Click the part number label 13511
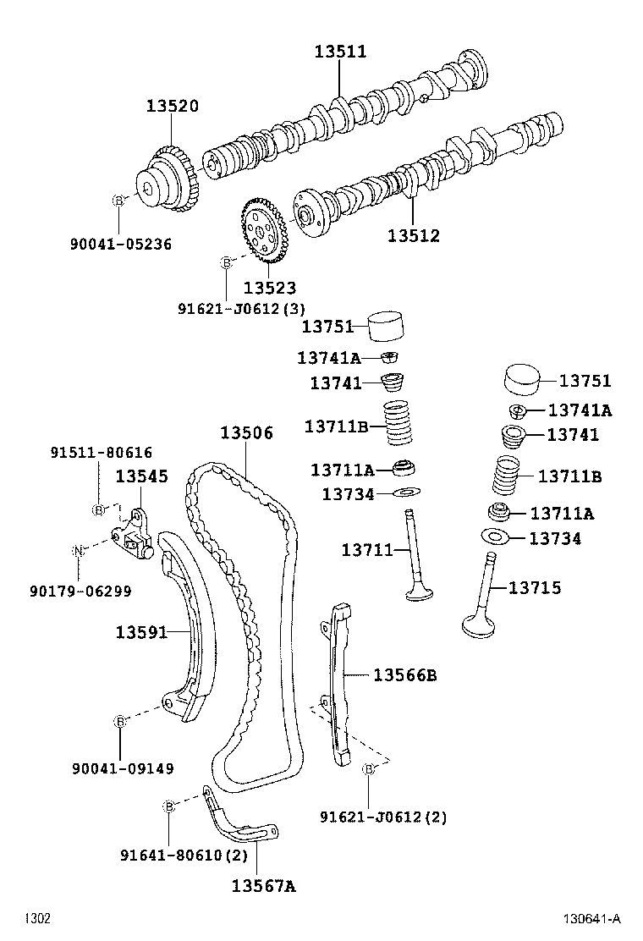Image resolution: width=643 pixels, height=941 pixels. [x=340, y=52]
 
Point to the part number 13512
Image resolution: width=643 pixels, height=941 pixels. [x=414, y=236]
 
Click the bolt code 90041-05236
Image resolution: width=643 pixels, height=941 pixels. [x=120, y=245]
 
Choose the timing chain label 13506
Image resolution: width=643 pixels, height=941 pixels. [x=247, y=433]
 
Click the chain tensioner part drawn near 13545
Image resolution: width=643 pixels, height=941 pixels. [x=134, y=533]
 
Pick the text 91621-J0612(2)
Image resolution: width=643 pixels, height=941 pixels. [x=382, y=817]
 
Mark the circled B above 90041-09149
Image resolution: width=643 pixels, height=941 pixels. [x=120, y=721]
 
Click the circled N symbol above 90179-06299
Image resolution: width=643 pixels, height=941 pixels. [x=78, y=551]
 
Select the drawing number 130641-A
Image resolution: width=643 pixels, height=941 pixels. [x=593, y=919]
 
